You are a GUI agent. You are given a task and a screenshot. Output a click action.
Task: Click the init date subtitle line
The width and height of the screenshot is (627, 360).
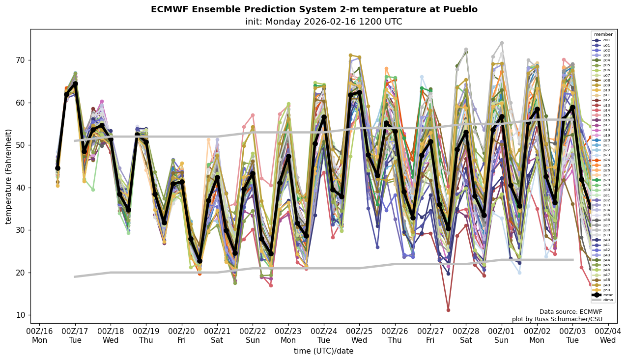click(323, 22)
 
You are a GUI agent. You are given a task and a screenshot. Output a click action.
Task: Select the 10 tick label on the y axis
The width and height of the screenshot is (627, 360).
click(21, 315)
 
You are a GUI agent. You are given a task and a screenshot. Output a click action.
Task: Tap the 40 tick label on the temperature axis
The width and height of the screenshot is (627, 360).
click(21, 188)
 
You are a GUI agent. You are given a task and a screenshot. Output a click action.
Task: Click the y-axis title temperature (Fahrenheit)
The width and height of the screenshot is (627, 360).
click(8, 176)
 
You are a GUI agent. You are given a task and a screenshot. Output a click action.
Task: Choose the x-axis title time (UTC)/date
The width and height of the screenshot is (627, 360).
click(323, 351)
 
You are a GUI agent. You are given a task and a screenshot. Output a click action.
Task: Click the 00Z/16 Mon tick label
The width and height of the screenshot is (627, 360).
click(39, 336)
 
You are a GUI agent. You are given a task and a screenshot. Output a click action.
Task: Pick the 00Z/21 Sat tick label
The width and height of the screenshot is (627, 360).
click(217, 336)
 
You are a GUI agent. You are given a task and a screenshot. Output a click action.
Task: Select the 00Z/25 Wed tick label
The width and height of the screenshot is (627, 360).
click(359, 336)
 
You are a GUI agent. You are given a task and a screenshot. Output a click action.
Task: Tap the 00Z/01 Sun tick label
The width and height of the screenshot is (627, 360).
click(501, 336)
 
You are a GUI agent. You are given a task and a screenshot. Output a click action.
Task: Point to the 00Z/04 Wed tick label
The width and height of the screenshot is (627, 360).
click(608, 336)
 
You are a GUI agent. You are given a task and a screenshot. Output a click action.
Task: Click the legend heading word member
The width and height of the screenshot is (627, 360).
click(603, 34)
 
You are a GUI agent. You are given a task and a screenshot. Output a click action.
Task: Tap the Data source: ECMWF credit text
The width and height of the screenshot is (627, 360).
click(570, 312)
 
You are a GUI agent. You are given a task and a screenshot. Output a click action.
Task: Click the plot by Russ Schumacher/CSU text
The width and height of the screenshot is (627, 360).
click(557, 319)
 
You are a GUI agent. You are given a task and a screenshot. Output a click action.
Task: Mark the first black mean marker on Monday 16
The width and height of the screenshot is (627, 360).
click(57, 168)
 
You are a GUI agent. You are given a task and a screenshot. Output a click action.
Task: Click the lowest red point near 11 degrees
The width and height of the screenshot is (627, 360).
click(448, 310)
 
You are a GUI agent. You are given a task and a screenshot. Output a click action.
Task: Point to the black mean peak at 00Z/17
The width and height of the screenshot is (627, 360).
click(75, 84)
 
